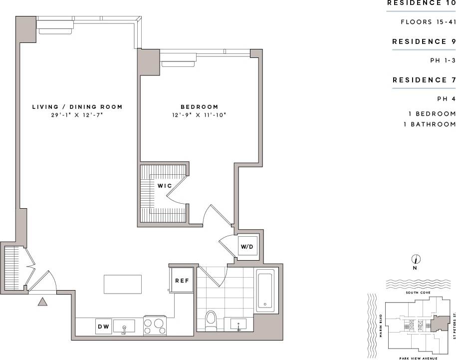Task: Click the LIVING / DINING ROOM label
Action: [77, 107]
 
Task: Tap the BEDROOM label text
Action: [199, 107]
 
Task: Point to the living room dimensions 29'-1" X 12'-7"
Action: [77, 115]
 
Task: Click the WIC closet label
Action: [165, 186]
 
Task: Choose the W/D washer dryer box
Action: [247, 246]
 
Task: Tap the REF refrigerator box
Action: [182, 281]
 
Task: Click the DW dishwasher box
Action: [103, 327]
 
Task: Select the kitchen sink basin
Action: [124, 327]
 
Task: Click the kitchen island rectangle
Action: [123, 284]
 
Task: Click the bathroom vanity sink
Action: [239, 325]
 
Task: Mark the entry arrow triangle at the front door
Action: [42, 301]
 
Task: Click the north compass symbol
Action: [415, 259]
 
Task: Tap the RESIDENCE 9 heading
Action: [424, 41]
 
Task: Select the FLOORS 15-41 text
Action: [428, 22]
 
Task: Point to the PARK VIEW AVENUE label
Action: [418, 358]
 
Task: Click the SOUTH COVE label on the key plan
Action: [418, 293]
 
